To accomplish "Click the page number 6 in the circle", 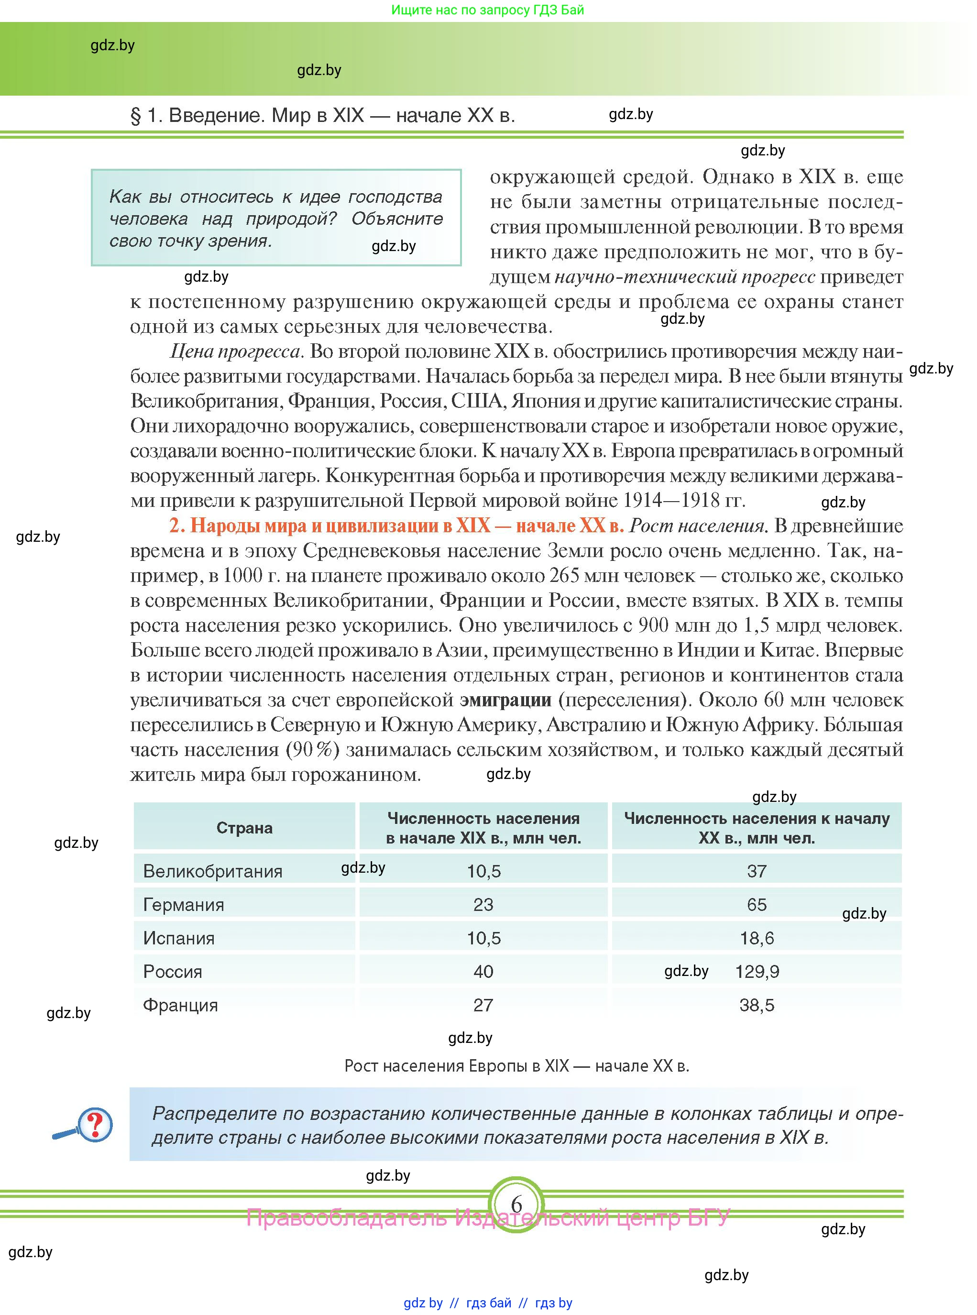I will pyautogui.click(x=516, y=1205).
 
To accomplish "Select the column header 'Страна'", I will pyautogui.click(x=244, y=828).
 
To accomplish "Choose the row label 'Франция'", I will pyautogui.click(x=180, y=1005).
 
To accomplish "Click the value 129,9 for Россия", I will pyautogui.click(x=757, y=972).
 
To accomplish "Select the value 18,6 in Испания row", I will pyautogui.click(x=757, y=938).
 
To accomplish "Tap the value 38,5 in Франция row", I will pyautogui.click(x=757, y=1005).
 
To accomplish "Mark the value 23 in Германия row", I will pyautogui.click(x=483, y=905).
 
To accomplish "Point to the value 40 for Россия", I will pyautogui.click(x=483, y=972).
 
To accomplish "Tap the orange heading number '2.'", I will pyautogui.click(x=177, y=526).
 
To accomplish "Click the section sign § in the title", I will pyautogui.click(x=135, y=116).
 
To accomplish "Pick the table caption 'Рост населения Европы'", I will pyautogui.click(x=516, y=1066).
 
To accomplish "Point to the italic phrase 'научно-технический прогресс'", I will pyautogui.click(x=685, y=277).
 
